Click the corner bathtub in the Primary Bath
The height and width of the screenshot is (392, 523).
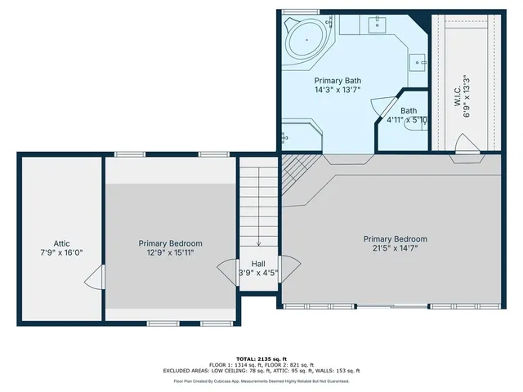[307, 37]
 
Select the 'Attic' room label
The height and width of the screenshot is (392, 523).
[61, 243]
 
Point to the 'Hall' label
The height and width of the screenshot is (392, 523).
[258, 263]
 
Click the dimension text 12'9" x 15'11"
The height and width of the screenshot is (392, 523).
[170, 253]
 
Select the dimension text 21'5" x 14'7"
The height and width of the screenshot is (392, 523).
[396, 248]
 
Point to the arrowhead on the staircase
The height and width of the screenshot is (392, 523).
[258, 243]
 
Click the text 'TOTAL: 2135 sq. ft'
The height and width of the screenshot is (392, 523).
[261, 359]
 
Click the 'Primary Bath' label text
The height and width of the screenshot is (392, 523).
[337, 81]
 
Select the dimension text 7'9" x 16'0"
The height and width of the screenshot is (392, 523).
[61, 253]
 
